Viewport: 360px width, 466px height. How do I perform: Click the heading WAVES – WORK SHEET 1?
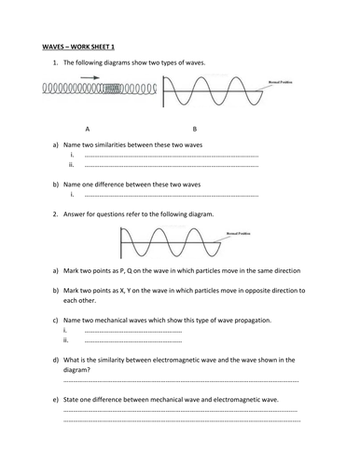[76, 45]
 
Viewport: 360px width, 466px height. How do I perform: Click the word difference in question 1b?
[128, 185]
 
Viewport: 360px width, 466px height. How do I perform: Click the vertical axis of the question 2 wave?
[120, 244]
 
